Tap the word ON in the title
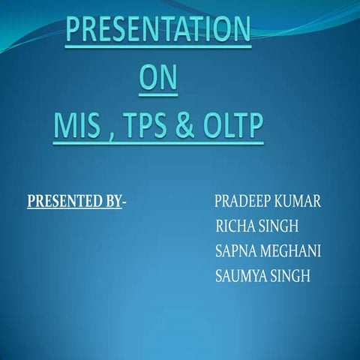pyautogui.click(x=159, y=80)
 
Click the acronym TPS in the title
pyautogui.click(x=150, y=128)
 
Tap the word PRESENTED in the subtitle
pyautogui.click(x=63, y=201)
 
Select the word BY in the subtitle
pyautogui.click(x=112, y=201)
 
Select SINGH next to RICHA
pyautogui.click(x=278, y=226)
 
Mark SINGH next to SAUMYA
pyautogui.click(x=291, y=275)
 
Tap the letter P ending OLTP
pyautogui.click(x=256, y=128)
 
